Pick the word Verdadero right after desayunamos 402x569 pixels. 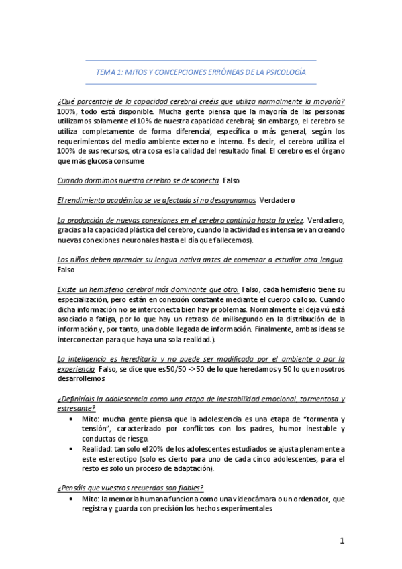click(277, 200)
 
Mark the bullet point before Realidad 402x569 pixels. click(72, 448)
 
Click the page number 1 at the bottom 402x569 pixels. click(342, 541)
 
